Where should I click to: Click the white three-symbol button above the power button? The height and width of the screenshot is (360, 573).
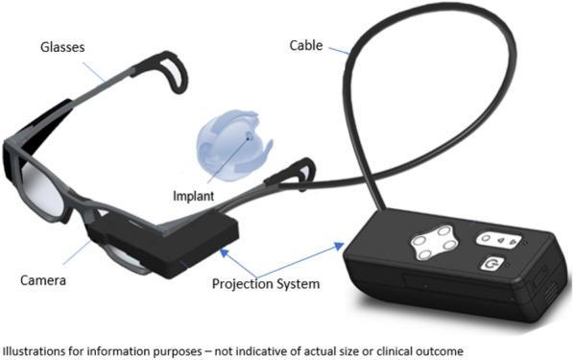[x=500, y=239]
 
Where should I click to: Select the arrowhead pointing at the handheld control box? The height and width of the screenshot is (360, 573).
[x=341, y=246]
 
